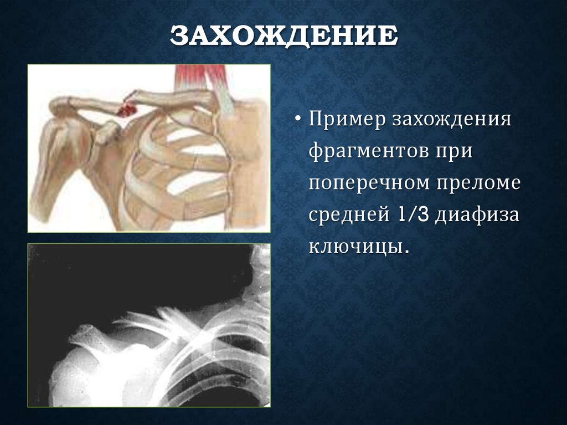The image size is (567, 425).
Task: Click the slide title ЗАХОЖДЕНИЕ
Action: (283, 37)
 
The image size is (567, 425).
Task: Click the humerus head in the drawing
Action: (61, 144)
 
